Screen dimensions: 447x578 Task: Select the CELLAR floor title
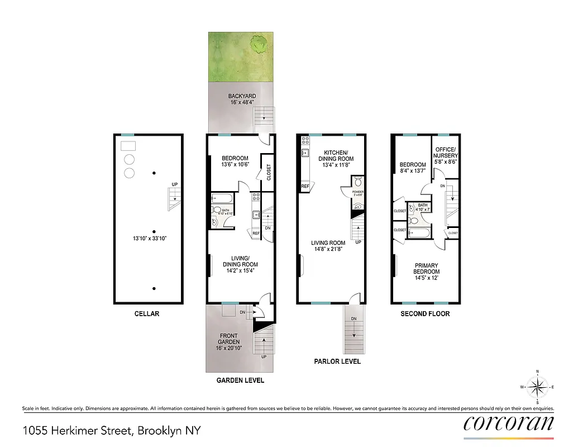tap(147, 313)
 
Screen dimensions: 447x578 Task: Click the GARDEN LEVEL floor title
tap(240, 381)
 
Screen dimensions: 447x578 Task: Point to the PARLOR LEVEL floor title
tap(337, 362)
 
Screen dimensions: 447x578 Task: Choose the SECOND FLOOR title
tap(425, 313)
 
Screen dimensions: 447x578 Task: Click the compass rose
tap(537, 386)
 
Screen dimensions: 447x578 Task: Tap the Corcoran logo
tap(509, 422)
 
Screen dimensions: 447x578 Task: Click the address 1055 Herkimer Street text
tap(112, 431)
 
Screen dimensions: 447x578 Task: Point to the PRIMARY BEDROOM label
tap(426, 269)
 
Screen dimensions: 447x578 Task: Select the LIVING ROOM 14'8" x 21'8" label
tap(328, 246)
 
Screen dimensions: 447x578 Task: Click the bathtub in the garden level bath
tap(221, 198)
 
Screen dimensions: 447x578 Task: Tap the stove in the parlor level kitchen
tap(305, 140)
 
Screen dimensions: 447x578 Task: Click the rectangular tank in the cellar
tap(128, 145)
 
